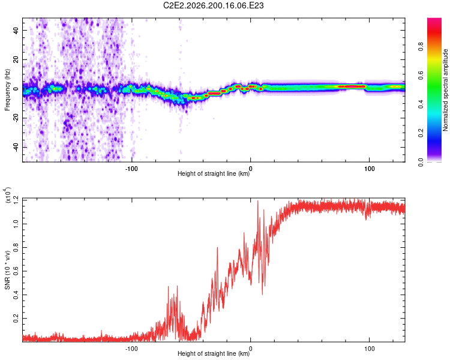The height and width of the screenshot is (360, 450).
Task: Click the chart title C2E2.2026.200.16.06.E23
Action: (x=213, y=5)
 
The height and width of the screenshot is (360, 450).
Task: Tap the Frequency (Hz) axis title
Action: (x=7, y=90)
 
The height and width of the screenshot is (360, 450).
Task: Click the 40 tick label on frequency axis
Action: (x=16, y=30)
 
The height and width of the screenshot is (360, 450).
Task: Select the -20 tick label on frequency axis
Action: (x=16, y=118)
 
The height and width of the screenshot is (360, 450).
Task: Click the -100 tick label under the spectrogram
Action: (x=131, y=169)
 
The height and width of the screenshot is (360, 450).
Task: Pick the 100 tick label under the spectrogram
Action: (x=370, y=169)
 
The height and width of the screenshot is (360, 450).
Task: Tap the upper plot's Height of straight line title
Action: (x=214, y=173)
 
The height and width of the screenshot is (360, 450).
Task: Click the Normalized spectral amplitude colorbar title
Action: (x=445, y=90)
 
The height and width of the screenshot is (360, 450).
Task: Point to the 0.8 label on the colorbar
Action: (x=421, y=47)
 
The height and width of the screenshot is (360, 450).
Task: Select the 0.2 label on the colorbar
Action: (x=421, y=133)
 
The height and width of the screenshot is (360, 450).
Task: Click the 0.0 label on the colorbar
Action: (x=421, y=162)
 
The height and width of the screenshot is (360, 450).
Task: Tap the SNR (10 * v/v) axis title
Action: (x=7, y=270)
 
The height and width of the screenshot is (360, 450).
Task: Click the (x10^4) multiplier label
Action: (x=7, y=195)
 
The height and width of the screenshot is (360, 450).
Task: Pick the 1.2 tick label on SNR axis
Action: (x=16, y=200)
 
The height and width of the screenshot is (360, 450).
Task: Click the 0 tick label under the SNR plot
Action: (x=251, y=349)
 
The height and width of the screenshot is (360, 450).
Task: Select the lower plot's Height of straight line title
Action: (x=214, y=353)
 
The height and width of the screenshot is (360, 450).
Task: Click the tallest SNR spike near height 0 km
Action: (x=258, y=201)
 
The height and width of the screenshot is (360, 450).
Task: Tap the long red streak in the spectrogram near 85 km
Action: (x=352, y=86)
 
